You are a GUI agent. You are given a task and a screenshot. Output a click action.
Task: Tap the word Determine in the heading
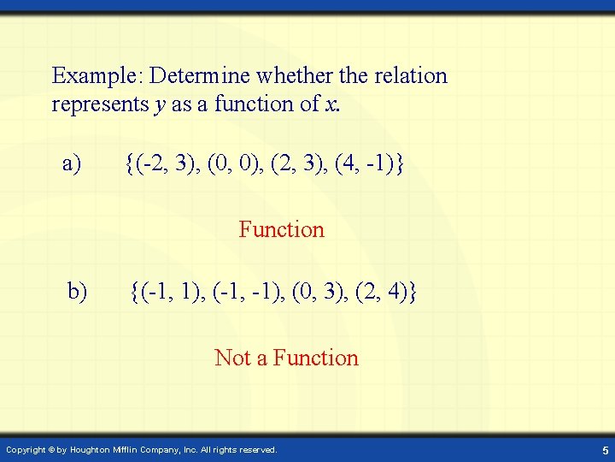pos(200,76)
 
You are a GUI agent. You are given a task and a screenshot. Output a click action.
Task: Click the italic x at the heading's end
pos(330,104)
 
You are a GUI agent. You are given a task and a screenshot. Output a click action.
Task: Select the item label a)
pos(72,163)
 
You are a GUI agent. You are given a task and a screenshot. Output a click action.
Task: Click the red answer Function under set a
pos(281,229)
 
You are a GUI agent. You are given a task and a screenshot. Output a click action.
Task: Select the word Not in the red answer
pos(232,358)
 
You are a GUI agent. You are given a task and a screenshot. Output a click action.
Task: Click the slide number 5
pos(604,450)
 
